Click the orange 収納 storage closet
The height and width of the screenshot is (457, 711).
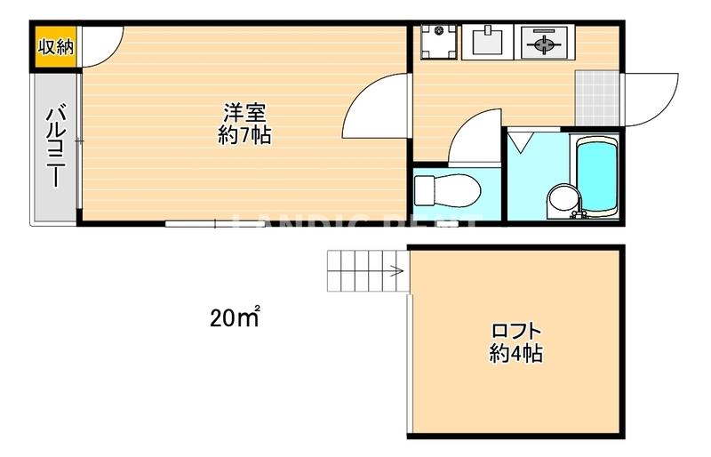(x=56, y=47)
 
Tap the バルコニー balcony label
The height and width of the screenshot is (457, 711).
(x=56, y=147)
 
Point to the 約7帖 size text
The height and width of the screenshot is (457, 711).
(x=245, y=136)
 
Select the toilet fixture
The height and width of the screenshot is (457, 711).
(x=447, y=189)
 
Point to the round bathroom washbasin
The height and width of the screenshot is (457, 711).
(x=561, y=198)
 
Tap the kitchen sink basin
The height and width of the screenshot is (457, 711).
(x=484, y=41)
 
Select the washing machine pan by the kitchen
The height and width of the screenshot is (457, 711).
(x=437, y=42)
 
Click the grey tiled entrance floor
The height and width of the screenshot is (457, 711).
(x=596, y=97)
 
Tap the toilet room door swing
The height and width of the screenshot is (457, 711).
(x=475, y=138)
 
